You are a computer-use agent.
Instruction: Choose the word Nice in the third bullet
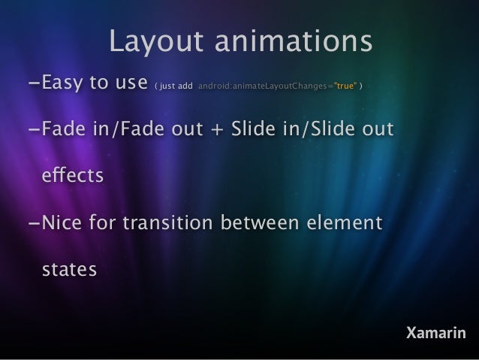click(64, 223)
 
